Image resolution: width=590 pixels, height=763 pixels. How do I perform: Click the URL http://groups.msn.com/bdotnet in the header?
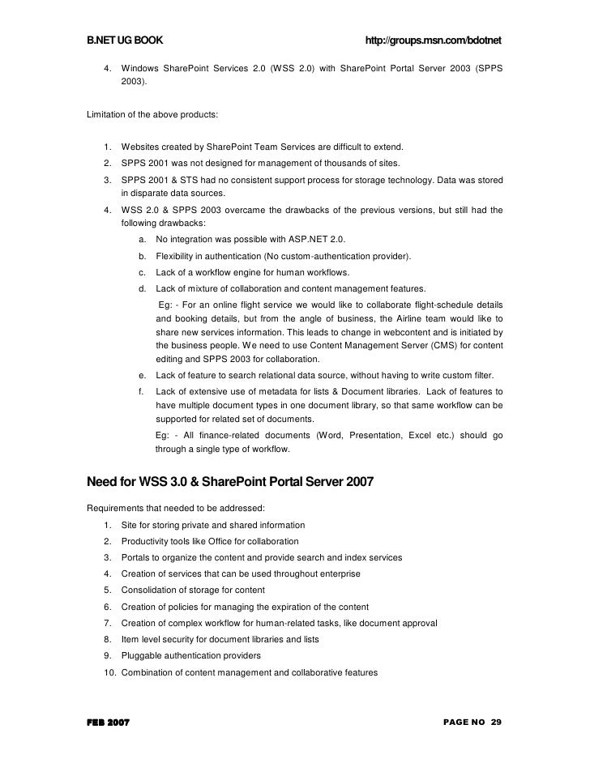(x=434, y=41)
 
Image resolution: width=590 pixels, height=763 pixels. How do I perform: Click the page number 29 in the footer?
(x=495, y=721)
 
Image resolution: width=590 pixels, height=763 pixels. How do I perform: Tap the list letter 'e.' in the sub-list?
(x=143, y=375)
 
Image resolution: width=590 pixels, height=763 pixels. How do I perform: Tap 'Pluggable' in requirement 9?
(x=141, y=656)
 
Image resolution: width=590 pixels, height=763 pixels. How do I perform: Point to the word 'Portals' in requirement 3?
(x=136, y=557)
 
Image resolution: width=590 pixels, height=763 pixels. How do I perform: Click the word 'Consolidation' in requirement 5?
(x=150, y=590)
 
